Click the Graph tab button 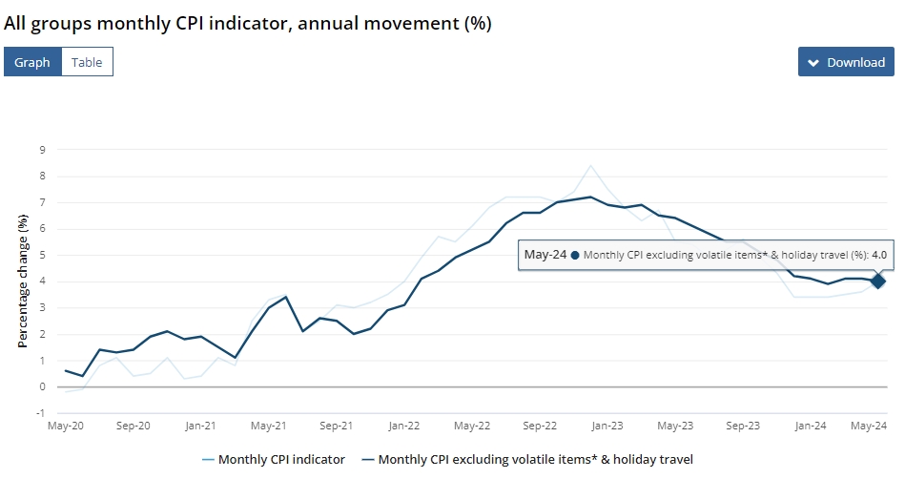(32, 62)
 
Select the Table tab (87, 62)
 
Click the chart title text (248, 23)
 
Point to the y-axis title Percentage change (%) (23, 281)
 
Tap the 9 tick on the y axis (42, 150)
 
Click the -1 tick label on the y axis (40, 413)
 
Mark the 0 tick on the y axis (42, 386)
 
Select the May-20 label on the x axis (65, 426)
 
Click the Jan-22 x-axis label (404, 426)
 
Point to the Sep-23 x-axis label (743, 426)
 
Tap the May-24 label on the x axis (869, 426)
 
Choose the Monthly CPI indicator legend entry (274, 459)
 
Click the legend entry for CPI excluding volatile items (527, 459)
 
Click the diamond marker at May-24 (878, 281)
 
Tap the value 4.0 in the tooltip (879, 255)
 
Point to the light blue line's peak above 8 (590, 166)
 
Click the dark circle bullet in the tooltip (575, 256)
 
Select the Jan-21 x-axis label (201, 426)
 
